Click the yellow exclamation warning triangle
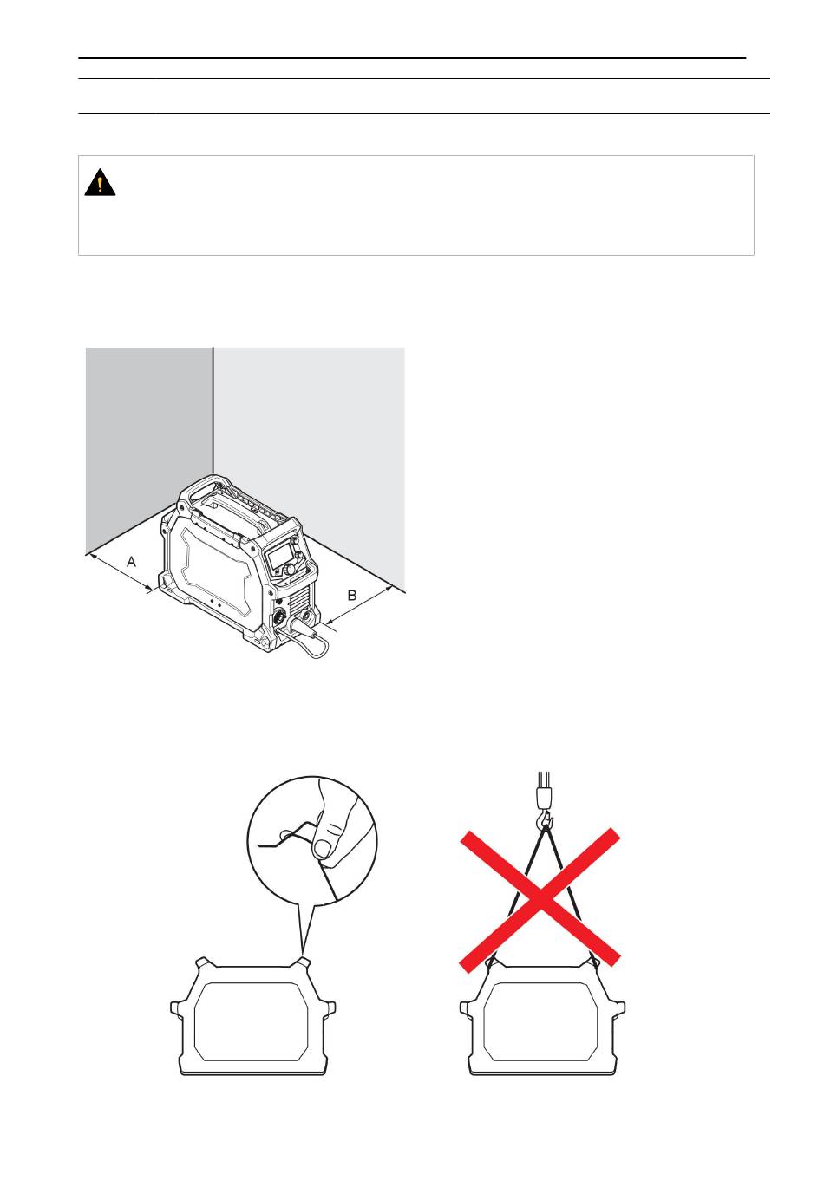[x=99, y=182]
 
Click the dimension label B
[x=351, y=595]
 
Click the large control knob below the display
[x=289, y=569]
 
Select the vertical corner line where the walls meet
[x=213, y=411]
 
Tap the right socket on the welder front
[x=306, y=617]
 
